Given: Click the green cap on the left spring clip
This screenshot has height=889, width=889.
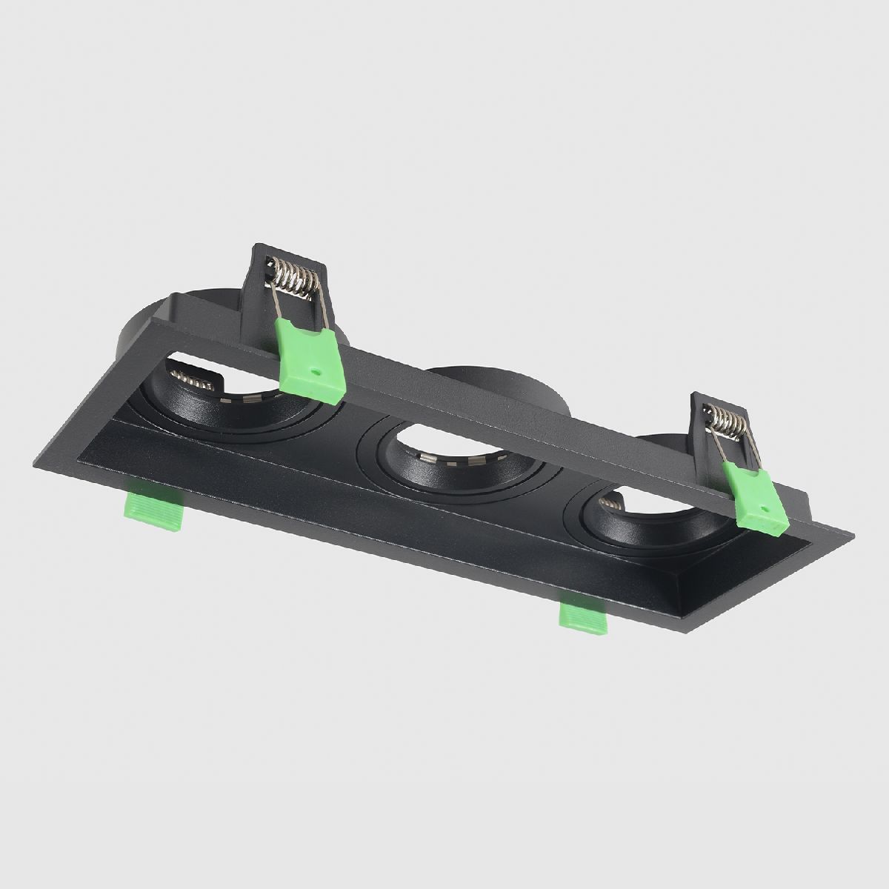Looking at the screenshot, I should [x=310, y=357].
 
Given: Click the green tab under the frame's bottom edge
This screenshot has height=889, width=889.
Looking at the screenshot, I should [x=583, y=619].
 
